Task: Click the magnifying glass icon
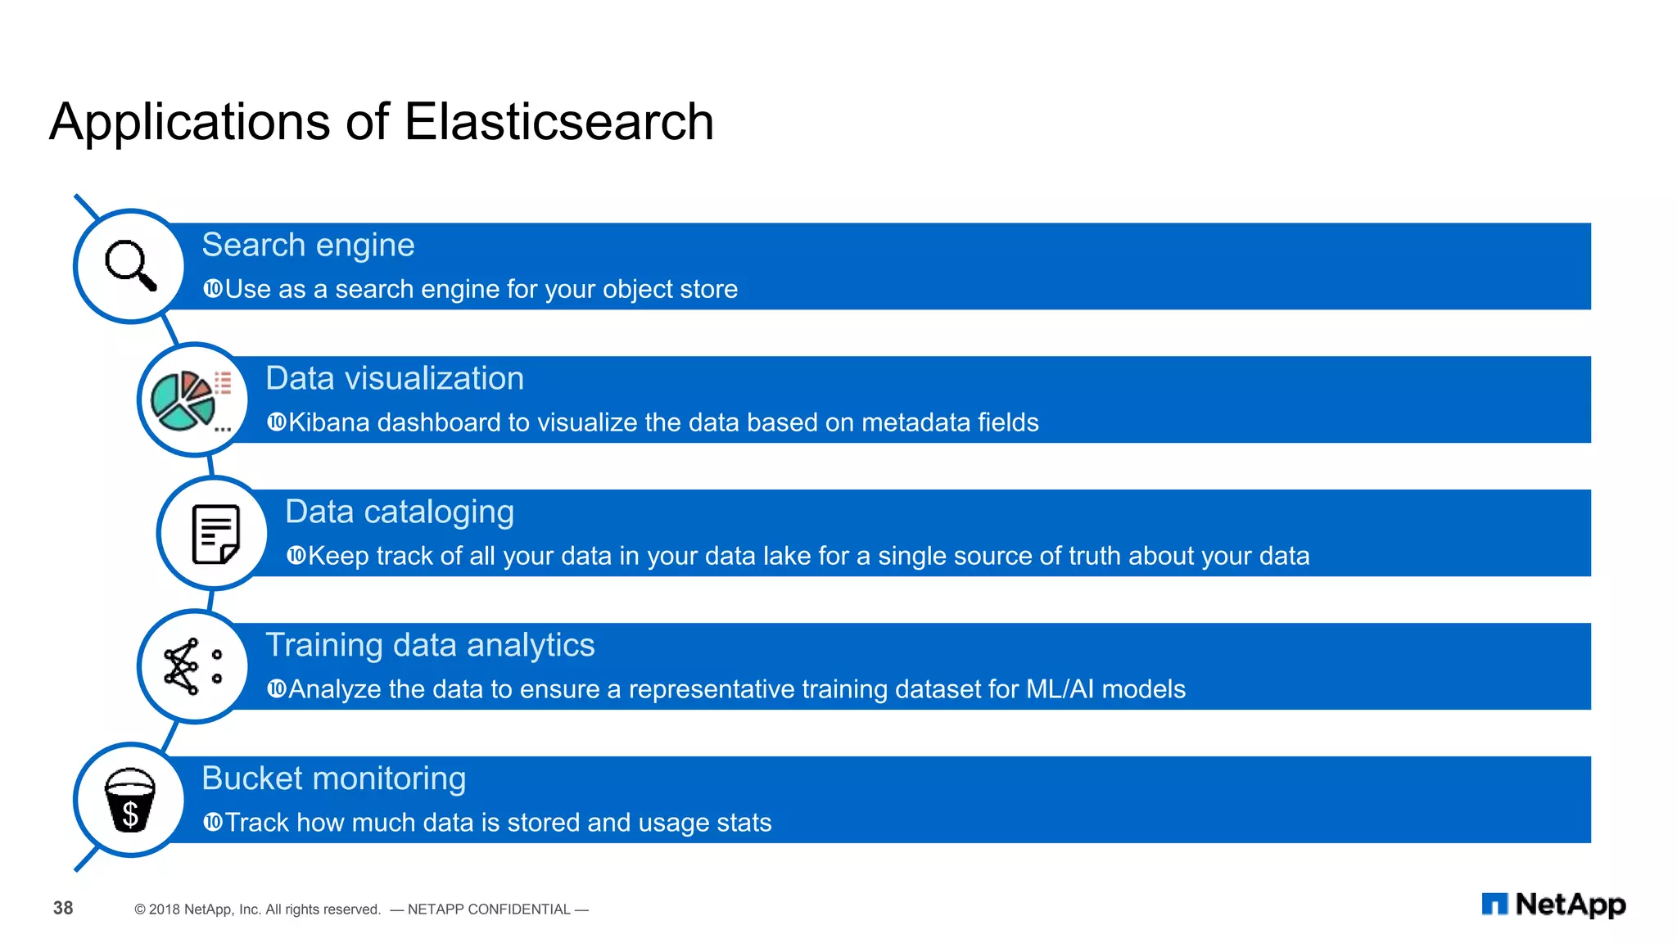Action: [130, 265]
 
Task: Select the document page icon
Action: [215, 534]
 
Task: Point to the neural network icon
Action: [192, 666]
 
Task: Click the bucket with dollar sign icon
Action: [130, 800]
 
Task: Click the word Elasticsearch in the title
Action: [558, 122]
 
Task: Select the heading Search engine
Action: [308, 245]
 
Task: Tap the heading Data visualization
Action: [395, 378]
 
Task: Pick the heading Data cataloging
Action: [400, 512]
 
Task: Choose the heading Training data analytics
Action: [430, 645]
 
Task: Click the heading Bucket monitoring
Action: [333, 778]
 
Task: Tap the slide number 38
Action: [63, 908]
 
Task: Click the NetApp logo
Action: [1553, 905]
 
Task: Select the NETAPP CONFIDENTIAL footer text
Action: [489, 909]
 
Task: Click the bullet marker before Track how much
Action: [212, 822]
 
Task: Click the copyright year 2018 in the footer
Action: [164, 909]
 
